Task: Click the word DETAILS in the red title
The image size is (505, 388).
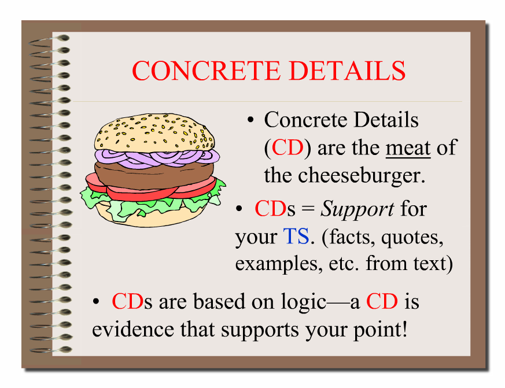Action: click(x=347, y=71)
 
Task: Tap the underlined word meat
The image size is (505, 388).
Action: click(x=408, y=149)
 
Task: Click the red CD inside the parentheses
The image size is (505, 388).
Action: click(x=287, y=148)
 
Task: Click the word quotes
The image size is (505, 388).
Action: click(x=412, y=238)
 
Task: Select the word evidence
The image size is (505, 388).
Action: click(x=133, y=329)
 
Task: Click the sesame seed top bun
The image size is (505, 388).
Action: click(x=154, y=132)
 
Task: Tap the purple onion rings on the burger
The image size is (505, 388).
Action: click(x=157, y=158)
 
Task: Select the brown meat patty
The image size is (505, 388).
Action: click(x=154, y=175)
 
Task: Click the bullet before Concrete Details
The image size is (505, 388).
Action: click(x=250, y=120)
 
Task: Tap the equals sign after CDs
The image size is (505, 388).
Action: click(x=308, y=209)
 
